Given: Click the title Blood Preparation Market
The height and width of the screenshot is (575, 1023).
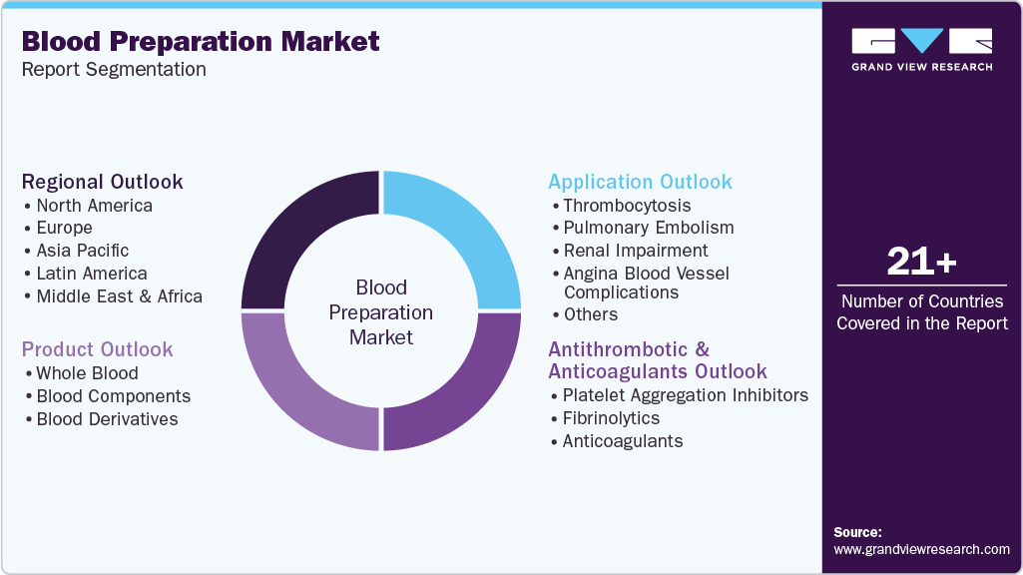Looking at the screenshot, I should click(201, 41).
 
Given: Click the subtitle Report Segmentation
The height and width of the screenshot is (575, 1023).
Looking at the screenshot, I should click(114, 70).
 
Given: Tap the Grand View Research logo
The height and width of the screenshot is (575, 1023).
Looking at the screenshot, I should click(921, 49).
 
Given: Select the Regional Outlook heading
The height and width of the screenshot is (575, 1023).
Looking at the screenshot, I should click(103, 182).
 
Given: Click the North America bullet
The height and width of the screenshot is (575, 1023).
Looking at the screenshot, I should click(94, 206).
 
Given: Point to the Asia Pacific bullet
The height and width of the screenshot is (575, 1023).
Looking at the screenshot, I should click(82, 251).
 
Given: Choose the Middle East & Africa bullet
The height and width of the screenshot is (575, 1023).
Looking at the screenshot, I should click(119, 296).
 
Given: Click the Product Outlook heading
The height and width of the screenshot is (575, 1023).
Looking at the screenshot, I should click(98, 349).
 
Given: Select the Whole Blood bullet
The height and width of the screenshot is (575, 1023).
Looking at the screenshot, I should click(87, 373).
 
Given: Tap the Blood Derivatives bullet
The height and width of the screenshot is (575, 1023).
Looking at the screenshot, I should click(107, 419).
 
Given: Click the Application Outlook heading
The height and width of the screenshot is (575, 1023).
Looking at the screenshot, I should click(640, 182).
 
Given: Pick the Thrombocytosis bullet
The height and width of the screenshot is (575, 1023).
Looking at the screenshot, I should click(626, 206).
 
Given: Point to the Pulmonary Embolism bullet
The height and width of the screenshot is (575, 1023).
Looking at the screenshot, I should click(648, 228).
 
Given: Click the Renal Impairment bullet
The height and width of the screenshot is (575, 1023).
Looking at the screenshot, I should click(635, 251).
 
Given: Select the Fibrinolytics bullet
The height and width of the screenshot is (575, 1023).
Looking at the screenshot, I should click(611, 418).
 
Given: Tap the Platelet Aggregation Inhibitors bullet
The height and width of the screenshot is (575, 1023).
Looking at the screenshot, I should click(685, 395).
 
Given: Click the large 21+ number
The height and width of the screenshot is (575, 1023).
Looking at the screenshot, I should click(921, 262).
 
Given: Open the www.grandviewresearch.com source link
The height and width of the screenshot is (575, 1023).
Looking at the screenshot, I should click(921, 549).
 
